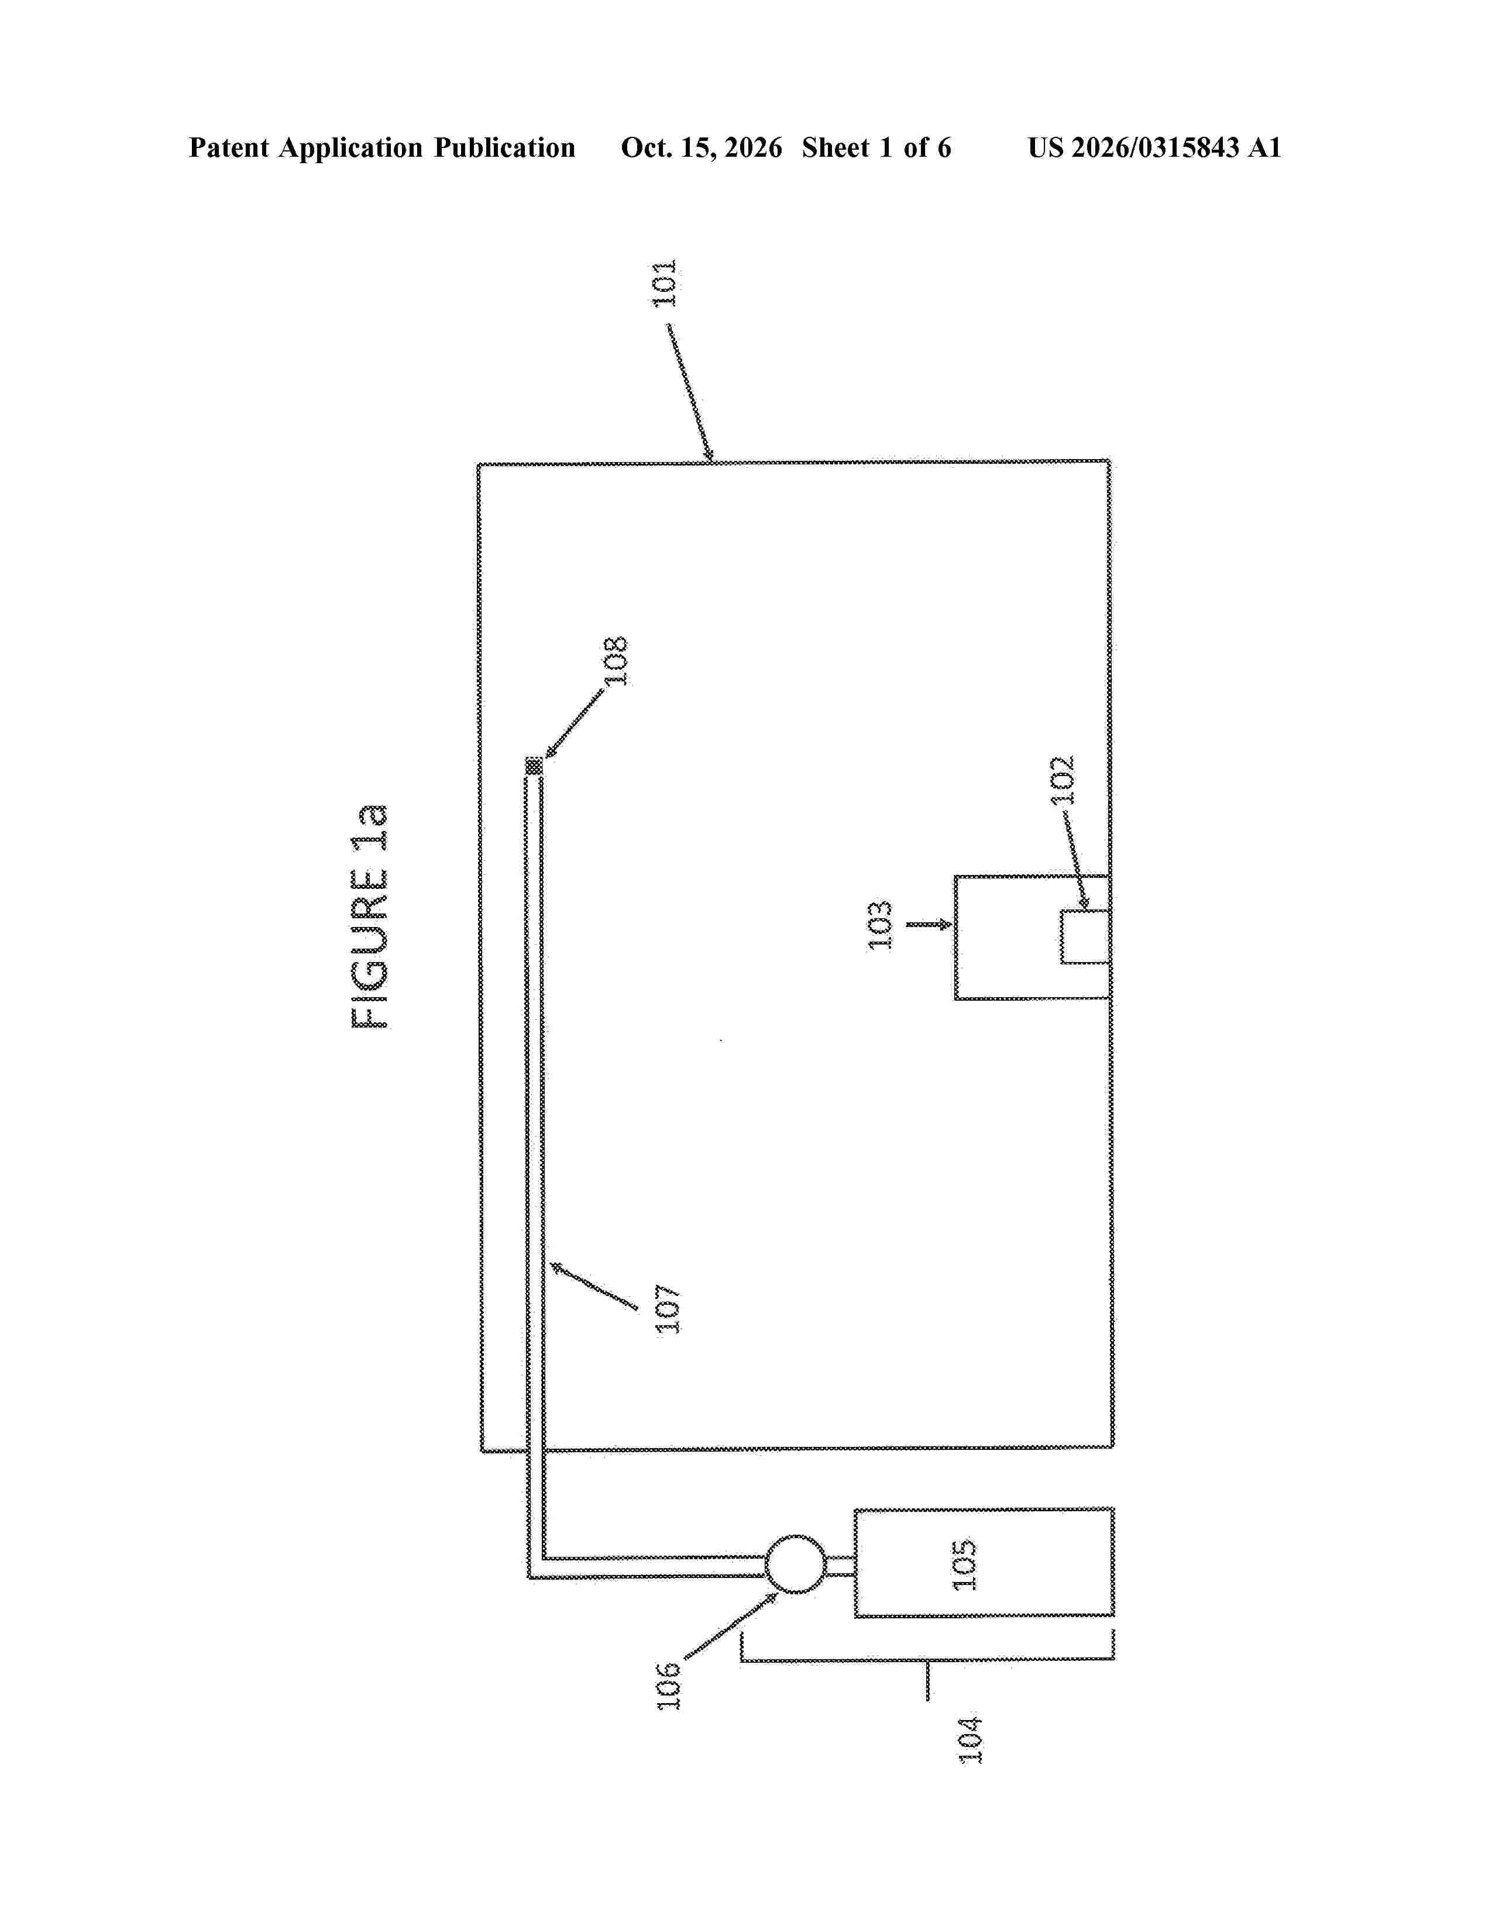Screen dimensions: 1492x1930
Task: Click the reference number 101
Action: [x=664, y=283]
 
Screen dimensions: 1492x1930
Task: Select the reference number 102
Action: [x=1063, y=780]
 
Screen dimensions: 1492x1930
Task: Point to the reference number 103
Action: [x=881, y=925]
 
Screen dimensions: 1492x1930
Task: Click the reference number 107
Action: [x=668, y=1309]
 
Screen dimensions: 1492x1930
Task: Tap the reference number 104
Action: [x=971, y=1739]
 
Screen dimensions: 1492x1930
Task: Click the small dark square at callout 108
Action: [x=534, y=766]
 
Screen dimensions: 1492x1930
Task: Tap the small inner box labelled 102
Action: [x=1085, y=937]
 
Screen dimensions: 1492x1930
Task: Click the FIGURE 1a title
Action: [x=369, y=917]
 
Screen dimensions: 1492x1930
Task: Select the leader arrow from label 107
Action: [x=594, y=1285]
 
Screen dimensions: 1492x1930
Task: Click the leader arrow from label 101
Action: [x=690, y=393]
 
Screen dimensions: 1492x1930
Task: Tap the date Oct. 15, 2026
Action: [x=701, y=147]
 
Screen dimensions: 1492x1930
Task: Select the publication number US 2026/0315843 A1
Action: [x=1154, y=147]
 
